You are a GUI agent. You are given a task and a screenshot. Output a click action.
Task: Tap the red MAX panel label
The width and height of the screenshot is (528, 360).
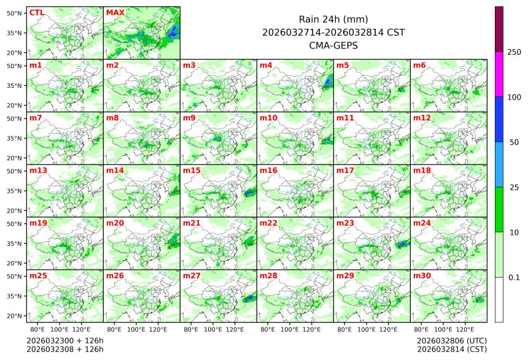tap(115, 12)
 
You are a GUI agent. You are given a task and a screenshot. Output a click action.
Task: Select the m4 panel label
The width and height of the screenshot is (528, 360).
tap(266, 65)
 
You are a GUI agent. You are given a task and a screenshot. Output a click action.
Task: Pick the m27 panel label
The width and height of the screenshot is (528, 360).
tap(192, 276)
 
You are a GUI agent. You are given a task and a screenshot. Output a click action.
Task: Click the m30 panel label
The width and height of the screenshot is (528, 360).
tap(422, 276)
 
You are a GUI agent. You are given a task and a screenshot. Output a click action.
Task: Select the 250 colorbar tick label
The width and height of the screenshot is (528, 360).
tap(514, 52)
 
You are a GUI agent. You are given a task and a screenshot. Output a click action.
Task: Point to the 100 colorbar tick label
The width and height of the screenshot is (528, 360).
tap(514, 97)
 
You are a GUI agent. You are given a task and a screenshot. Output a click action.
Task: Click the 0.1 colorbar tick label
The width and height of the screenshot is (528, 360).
tap(514, 278)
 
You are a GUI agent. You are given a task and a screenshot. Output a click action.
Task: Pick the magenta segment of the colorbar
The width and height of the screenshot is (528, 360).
tap(499, 74)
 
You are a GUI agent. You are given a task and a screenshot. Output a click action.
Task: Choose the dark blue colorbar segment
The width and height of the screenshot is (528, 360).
tap(499, 119)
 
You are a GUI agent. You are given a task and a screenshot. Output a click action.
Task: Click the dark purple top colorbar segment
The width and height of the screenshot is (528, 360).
tap(499, 29)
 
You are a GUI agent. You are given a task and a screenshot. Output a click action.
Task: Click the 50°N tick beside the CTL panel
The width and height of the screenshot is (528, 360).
tap(15, 13)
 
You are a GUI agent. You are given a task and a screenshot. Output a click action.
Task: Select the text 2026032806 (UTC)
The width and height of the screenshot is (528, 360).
tap(451, 340)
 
